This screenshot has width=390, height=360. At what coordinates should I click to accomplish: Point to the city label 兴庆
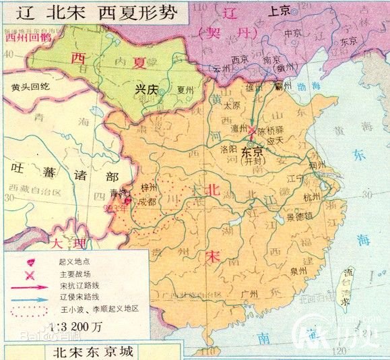146,89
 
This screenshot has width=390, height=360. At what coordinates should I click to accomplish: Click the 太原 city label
232,106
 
